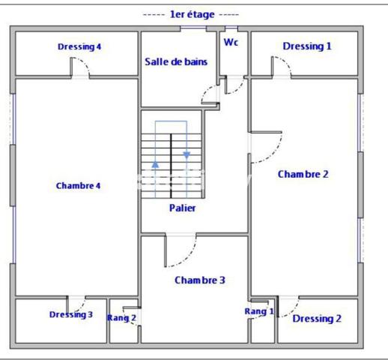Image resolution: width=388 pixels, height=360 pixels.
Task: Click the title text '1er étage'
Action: (x=194, y=14)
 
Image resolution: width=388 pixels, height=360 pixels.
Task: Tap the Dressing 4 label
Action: (x=79, y=46)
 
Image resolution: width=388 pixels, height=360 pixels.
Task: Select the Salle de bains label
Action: (x=176, y=61)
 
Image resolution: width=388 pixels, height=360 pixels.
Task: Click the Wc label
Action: (x=231, y=42)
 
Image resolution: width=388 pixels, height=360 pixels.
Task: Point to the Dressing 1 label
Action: (x=306, y=46)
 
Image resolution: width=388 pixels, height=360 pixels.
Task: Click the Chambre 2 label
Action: (x=303, y=173)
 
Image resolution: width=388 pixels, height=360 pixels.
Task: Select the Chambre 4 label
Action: (x=78, y=185)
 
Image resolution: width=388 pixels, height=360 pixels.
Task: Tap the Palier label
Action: (x=182, y=208)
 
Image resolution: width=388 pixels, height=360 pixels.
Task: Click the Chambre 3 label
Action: (x=200, y=280)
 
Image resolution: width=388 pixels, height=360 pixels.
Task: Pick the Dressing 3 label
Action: (x=71, y=314)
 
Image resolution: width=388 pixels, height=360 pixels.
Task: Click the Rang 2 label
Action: (x=121, y=317)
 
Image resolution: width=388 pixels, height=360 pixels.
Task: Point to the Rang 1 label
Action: (x=259, y=310)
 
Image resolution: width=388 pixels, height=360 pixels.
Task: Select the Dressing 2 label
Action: (x=317, y=319)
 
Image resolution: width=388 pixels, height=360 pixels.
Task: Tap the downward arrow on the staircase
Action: (x=187, y=154)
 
